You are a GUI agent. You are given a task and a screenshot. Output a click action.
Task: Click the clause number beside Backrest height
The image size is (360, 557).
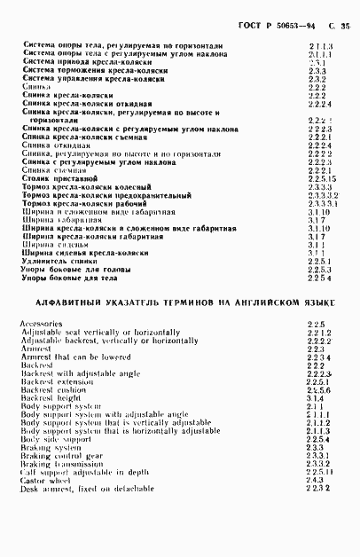coord(313,398)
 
